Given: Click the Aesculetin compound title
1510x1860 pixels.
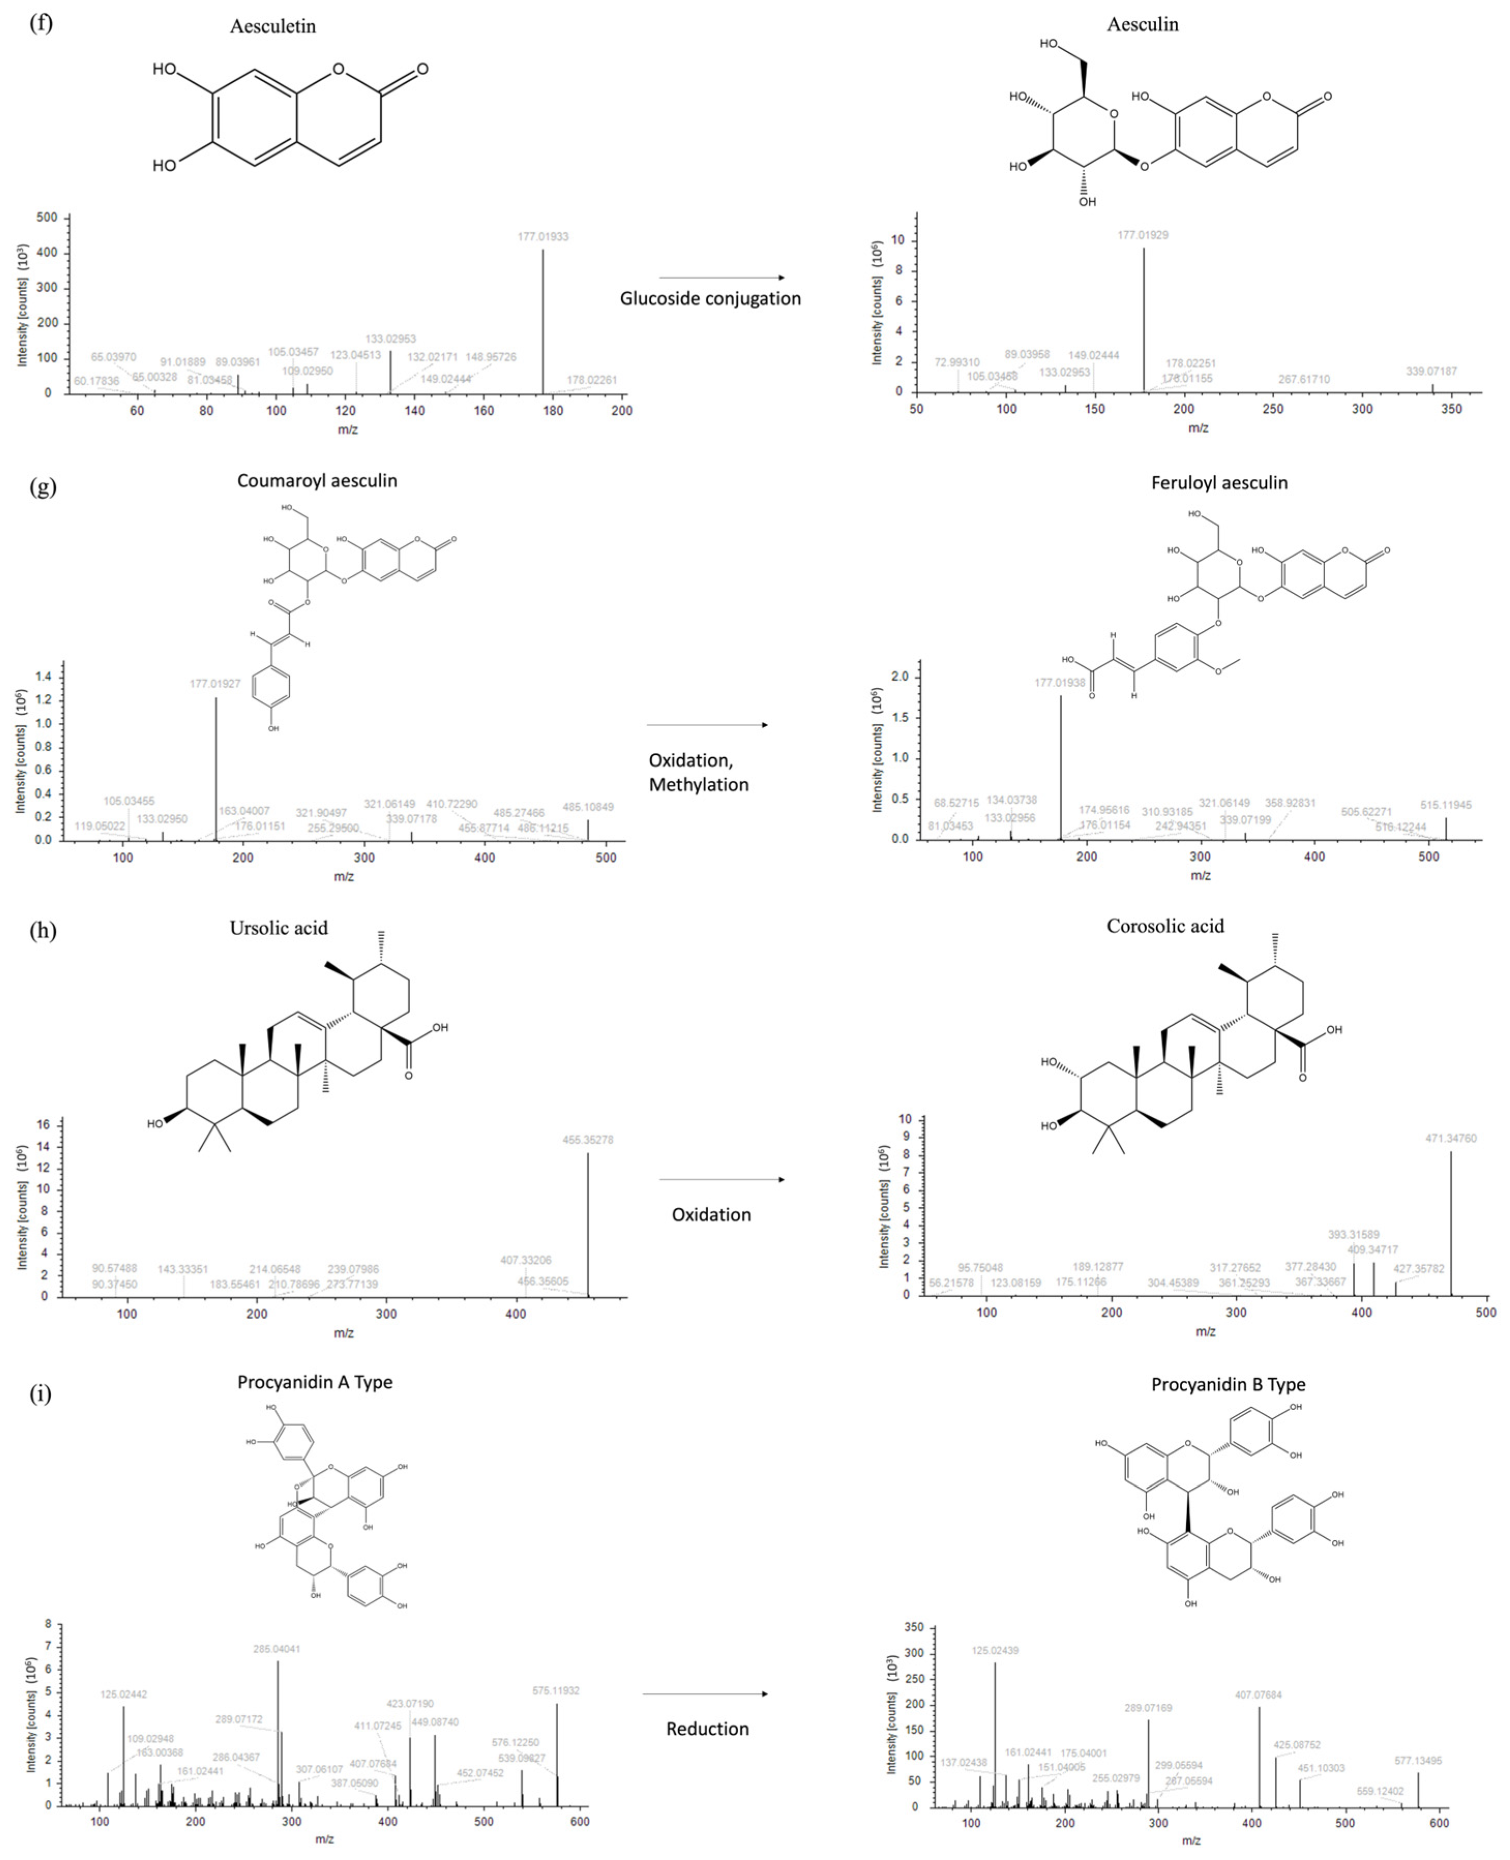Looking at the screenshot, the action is [272, 26].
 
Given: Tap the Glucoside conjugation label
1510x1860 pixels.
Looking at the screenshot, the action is [710, 298].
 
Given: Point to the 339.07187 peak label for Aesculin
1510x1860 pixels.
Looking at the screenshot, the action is [1431, 371].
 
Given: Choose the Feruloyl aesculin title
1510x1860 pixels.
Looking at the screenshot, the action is [1219, 483].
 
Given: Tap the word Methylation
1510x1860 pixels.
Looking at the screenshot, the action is [698, 784].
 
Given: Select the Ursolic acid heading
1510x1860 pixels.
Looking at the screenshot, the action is [278, 928].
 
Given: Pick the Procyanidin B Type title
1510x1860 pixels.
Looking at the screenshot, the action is [1228, 1384].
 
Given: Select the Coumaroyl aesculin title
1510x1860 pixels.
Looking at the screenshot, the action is [317, 481].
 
